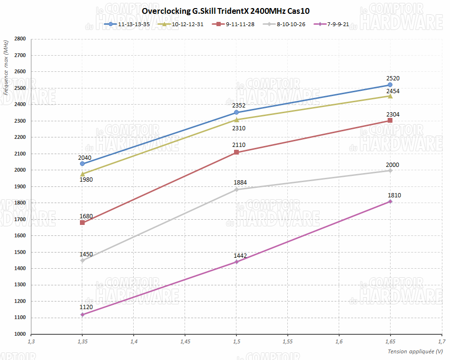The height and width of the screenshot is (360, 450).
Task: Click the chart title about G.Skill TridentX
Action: (x=225, y=10)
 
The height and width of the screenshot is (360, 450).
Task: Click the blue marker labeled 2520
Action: (x=390, y=85)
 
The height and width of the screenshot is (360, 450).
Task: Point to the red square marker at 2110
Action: (x=236, y=152)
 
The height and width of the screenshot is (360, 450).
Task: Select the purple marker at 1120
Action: (x=82, y=315)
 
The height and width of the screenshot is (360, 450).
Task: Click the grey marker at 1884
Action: (x=236, y=189)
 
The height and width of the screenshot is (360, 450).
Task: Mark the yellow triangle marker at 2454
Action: (x=390, y=96)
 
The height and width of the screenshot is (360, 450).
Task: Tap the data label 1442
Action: (x=240, y=256)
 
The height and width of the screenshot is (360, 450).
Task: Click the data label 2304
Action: (x=392, y=114)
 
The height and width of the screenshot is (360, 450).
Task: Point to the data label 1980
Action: (x=86, y=180)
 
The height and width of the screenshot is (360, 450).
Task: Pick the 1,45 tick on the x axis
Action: (x=185, y=342)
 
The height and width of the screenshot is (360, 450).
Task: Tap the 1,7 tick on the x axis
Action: (x=441, y=342)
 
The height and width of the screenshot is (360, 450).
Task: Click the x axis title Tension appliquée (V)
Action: (x=415, y=351)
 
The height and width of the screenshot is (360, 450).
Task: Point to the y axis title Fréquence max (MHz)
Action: (x=6, y=68)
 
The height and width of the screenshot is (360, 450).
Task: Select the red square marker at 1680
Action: (x=82, y=223)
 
